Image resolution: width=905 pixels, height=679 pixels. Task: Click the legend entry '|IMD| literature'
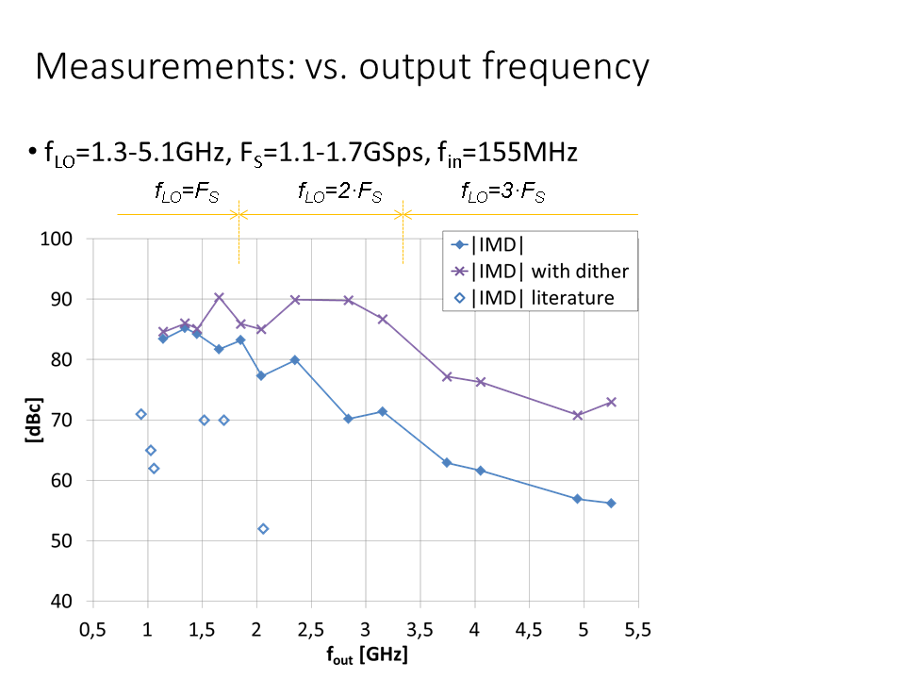[x=543, y=298]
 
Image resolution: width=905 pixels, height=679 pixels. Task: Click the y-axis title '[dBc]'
[x=35, y=421]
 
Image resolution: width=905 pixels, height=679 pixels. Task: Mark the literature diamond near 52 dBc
[x=263, y=529]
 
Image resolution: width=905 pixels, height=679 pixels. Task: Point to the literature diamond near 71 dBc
[x=141, y=414]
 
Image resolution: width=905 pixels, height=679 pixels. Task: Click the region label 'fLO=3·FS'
[x=502, y=193]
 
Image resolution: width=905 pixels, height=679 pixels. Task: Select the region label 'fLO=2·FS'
[x=339, y=193]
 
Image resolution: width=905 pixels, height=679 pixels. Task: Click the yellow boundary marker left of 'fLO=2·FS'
[x=239, y=215]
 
